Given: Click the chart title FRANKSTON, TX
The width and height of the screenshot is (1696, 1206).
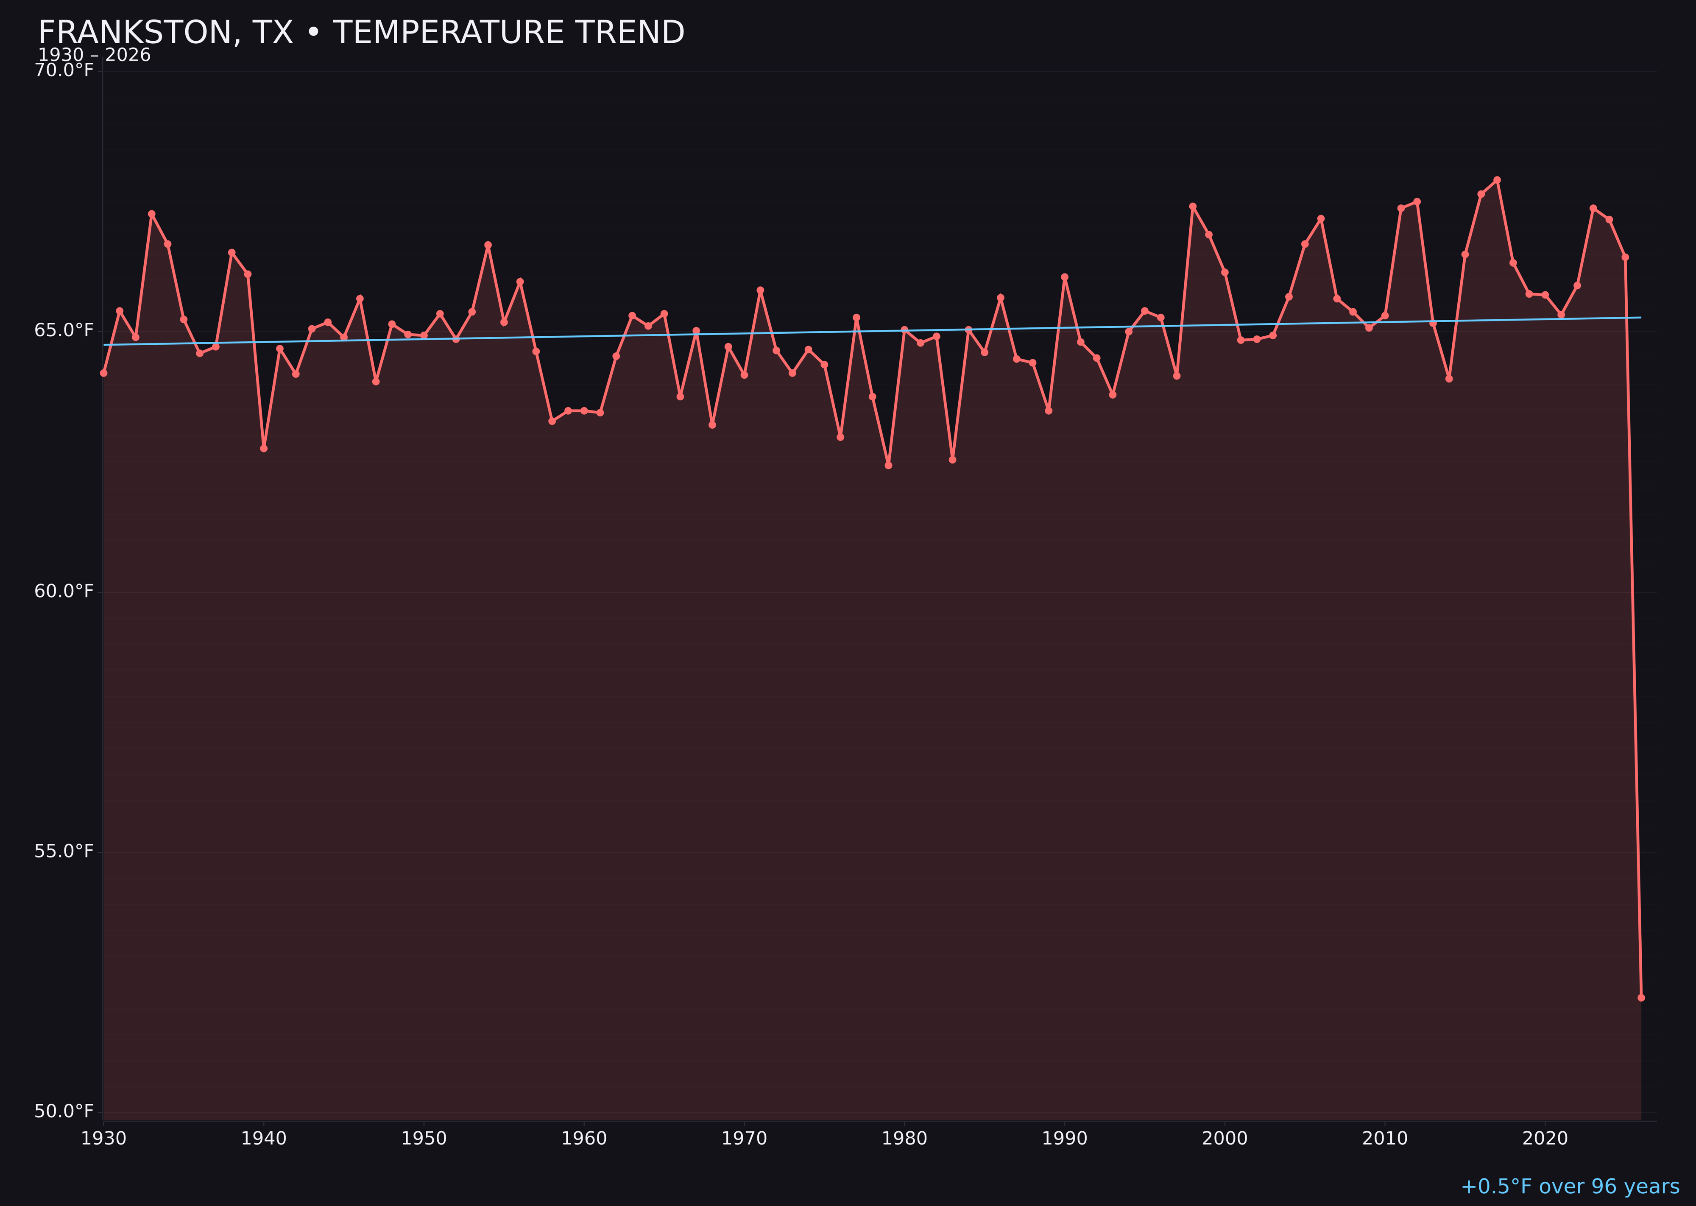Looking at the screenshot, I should [361, 33].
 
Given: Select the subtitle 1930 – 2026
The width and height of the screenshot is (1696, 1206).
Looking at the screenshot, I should [94, 56].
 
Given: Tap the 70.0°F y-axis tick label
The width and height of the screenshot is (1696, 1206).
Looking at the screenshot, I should [64, 70].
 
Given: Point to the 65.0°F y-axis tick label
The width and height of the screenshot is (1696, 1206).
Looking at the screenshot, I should [64, 330].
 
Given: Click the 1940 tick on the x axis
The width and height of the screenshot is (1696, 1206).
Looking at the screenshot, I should [264, 1139].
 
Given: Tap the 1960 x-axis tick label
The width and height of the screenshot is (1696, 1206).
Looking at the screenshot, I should [584, 1139].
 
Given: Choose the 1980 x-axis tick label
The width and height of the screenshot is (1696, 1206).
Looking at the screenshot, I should [904, 1139].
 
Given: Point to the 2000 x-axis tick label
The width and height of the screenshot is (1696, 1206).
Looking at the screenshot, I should [1225, 1139].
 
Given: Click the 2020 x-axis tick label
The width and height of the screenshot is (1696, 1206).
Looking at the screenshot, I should [1545, 1139].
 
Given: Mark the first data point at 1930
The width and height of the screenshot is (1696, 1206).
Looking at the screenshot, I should [104, 373].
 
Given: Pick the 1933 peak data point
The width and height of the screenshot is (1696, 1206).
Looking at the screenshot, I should [151, 214].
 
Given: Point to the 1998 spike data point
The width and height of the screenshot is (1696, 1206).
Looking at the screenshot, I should [1193, 207].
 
